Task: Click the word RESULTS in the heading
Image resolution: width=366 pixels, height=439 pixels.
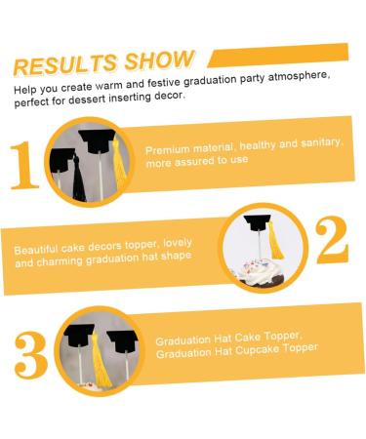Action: [65, 64]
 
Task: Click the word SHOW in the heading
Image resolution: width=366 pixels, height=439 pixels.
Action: [160, 60]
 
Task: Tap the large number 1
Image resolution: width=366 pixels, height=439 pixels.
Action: [24, 165]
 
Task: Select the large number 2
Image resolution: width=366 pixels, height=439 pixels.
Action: [332, 240]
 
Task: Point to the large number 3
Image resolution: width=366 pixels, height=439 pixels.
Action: [31, 355]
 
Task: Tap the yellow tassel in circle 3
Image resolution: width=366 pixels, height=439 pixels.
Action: [101, 361]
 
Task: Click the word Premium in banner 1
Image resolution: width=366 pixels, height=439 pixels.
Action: [168, 150]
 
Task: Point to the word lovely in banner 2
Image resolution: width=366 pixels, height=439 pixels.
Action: [178, 243]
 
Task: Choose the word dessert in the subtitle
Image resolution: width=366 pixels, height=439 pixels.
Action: [87, 100]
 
